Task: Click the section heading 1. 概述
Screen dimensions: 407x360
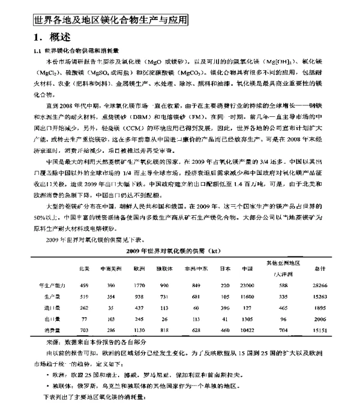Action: click(x=52, y=38)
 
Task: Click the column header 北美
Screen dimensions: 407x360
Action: click(x=84, y=269)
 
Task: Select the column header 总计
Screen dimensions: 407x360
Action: click(x=320, y=269)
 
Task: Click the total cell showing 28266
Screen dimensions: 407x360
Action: click(x=321, y=285)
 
